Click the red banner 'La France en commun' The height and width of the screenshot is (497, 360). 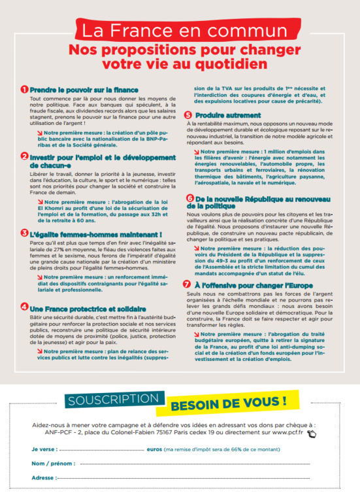(x=180, y=30)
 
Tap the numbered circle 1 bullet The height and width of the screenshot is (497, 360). (x=24, y=89)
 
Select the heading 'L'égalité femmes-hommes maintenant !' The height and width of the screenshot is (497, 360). (x=88, y=233)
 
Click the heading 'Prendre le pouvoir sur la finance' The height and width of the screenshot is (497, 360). (x=84, y=89)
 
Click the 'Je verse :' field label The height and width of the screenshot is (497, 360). (x=44, y=451)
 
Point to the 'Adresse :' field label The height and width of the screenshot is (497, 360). (x=44, y=478)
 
